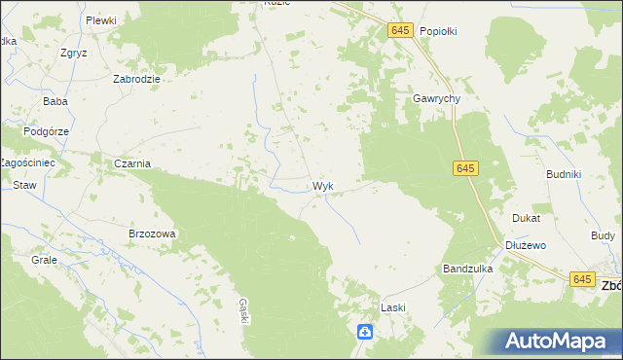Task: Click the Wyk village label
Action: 323,186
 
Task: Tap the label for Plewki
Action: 100,20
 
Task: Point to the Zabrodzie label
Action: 136,79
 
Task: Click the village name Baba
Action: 55,101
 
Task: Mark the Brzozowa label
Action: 152,234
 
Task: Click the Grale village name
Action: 44,261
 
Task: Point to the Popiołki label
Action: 438,31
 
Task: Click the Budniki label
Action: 564,174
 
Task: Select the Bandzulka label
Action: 468,268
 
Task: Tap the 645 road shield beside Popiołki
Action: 400,31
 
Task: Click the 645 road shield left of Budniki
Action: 464,169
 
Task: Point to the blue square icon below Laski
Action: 364,333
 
